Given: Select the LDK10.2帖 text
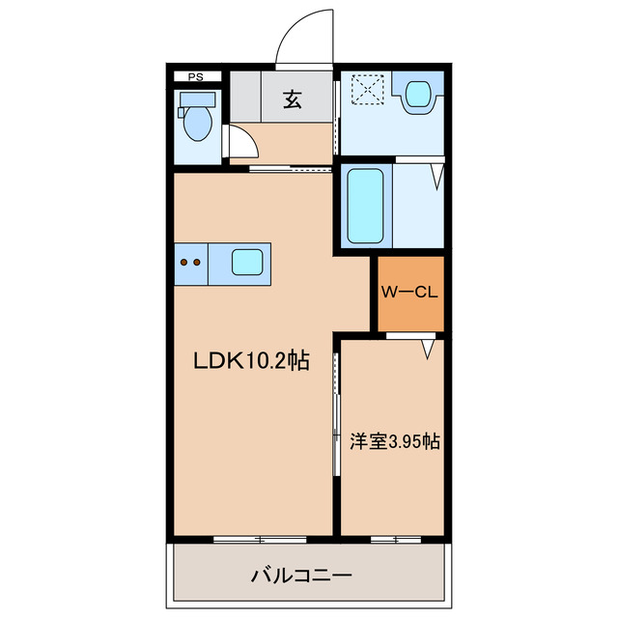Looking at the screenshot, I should (251, 362).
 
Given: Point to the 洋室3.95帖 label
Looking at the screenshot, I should (394, 441).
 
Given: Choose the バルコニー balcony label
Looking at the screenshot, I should (302, 576).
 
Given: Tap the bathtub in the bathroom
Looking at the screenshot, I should (365, 206).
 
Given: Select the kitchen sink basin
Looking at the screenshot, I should (246, 262).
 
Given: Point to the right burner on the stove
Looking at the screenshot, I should (197, 262).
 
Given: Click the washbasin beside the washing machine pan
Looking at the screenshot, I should (418, 94).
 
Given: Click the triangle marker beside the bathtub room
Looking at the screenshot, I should (436, 177).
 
